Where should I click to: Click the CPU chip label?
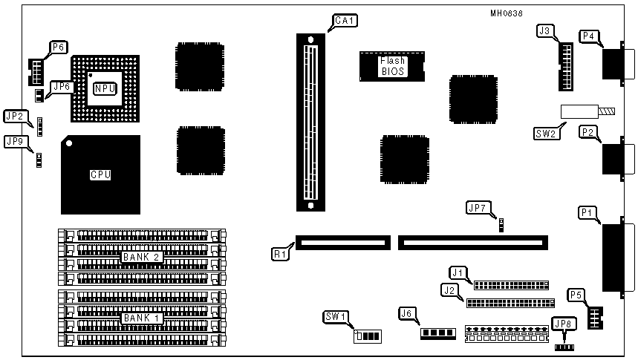point(100,175)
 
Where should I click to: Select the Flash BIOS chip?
point(391,66)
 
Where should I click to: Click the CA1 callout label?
point(344,21)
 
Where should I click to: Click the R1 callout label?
point(279,253)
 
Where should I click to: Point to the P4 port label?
point(589,36)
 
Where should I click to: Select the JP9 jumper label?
point(15,140)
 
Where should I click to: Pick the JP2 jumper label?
point(15,116)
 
